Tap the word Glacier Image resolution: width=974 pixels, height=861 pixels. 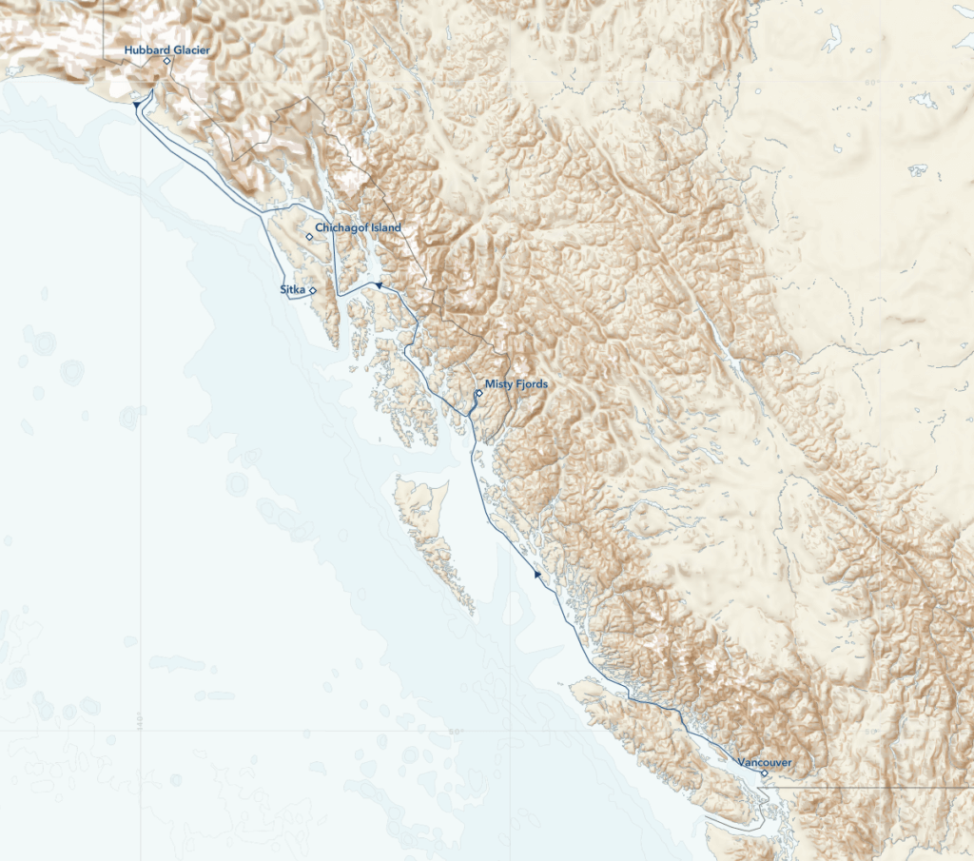[x=190, y=49]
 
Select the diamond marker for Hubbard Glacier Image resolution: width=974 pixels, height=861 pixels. [x=166, y=61]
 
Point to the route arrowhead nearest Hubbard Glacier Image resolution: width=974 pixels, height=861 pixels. [x=138, y=103]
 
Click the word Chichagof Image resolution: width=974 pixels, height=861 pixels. [x=342, y=228]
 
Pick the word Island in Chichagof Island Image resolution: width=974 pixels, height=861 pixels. [x=386, y=228]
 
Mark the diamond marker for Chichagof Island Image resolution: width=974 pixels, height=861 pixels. [x=309, y=237]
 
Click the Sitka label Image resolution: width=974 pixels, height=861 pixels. [x=293, y=286]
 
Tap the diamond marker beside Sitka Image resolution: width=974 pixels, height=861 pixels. [x=313, y=289]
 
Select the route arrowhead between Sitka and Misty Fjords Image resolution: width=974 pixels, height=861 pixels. [x=378, y=284]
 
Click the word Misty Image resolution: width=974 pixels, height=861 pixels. [x=498, y=384]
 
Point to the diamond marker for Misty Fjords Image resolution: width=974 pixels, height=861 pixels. [x=479, y=392]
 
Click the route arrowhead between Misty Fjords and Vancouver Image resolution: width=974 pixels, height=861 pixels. [x=537, y=575]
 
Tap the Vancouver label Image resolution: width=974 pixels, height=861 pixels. [x=764, y=762]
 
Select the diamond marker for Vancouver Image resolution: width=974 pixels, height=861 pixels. [x=765, y=773]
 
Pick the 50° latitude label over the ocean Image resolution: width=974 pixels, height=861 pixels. [x=456, y=732]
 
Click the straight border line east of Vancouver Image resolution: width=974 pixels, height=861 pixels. [x=875, y=788]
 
